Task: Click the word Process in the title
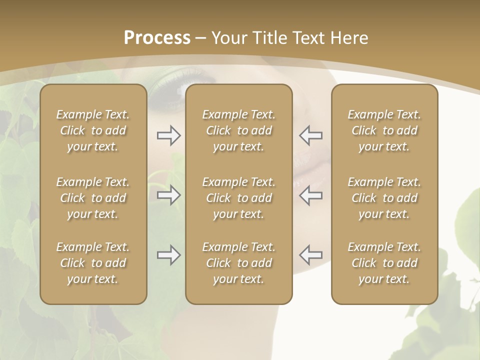tap(157, 38)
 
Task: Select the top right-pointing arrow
tap(168, 135)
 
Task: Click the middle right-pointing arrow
tap(168, 195)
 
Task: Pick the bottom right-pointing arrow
tap(168, 255)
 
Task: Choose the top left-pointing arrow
tap(310, 135)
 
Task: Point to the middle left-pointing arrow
tap(310, 195)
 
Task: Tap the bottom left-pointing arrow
tap(310, 255)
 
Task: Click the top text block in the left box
tap(93, 130)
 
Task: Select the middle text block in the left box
tap(93, 198)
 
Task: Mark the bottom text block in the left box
tap(93, 263)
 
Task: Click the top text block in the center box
tap(238, 130)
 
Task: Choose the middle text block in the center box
tap(238, 198)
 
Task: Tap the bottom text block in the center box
tap(238, 263)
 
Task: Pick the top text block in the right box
tap(384, 130)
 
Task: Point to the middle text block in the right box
tap(384, 198)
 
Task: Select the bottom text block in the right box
tap(384, 263)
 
